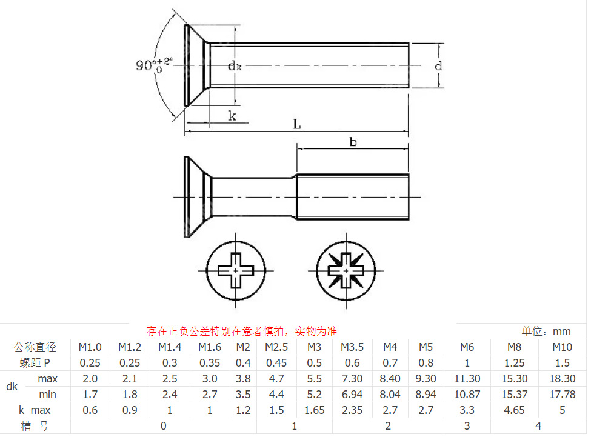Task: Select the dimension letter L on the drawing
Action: click(297, 124)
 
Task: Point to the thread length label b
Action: click(353, 142)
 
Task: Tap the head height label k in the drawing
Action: click(232, 116)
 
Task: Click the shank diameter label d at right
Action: click(438, 66)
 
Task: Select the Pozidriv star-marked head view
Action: click(346, 269)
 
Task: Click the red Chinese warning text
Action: click(242, 332)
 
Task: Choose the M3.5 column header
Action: click(352, 347)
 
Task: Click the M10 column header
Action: click(562, 347)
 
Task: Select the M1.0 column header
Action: click(90, 347)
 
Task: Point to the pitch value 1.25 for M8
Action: click(514, 363)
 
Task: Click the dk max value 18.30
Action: click(562, 379)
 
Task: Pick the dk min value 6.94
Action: click(352, 395)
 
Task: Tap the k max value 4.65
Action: click(514, 410)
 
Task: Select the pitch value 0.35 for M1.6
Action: click(210, 363)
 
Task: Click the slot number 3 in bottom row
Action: click(467, 426)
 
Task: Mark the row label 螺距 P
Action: click(35, 363)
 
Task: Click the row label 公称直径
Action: click(35, 347)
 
